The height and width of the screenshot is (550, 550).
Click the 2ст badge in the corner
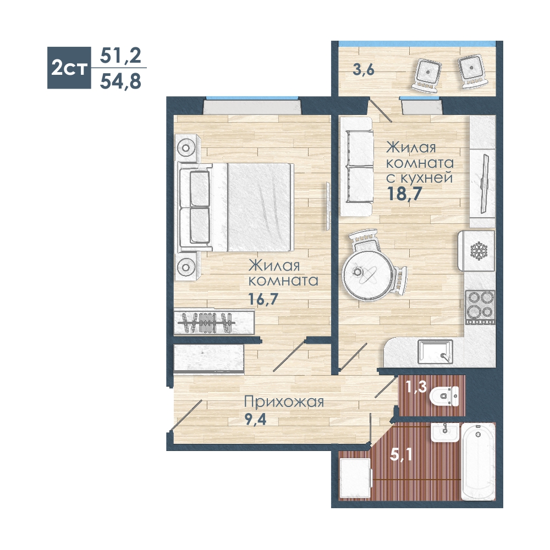[x=69, y=68]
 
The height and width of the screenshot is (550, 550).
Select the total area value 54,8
[x=120, y=81]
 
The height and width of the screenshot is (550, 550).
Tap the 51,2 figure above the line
[x=120, y=56]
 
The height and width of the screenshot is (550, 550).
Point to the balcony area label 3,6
[x=364, y=70]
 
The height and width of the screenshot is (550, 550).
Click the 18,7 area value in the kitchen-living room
[x=404, y=193]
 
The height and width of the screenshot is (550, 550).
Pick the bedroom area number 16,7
[x=263, y=299]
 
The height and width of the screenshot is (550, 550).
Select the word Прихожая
[x=284, y=402]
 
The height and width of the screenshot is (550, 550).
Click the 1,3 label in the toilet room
[x=416, y=387]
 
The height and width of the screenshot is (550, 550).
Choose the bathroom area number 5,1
[x=402, y=455]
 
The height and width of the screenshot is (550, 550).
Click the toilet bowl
[x=444, y=397]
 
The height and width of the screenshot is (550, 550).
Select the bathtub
[x=478, y=461]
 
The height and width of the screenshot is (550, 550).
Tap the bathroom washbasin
[x=445, y=432]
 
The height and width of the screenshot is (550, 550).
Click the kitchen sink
[x=435, y=351]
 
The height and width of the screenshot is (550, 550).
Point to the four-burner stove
[x=480, y=307]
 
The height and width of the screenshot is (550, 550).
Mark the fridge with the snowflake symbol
[x=476, y=250]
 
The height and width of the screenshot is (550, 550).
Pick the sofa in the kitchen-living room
[x=356, y=166]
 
